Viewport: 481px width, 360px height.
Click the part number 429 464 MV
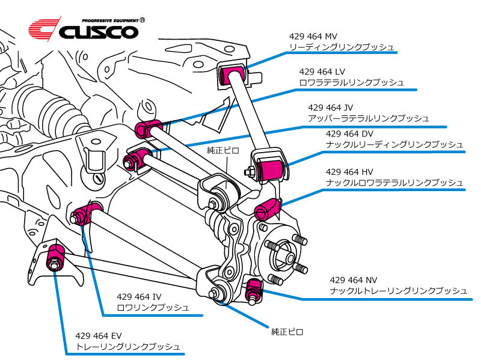(313, 36)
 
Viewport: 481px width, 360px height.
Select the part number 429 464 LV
(323, 72)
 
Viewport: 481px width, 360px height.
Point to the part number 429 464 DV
(349, 134)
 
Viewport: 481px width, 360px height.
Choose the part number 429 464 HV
(349, 171)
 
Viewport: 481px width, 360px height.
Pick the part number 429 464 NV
(354, 280)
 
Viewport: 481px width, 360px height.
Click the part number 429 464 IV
(139, 296)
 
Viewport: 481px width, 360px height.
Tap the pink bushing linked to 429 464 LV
(147, 128)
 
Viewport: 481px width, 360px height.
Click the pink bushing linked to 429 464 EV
(56, 255)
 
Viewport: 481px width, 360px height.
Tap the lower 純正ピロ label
(287, 331)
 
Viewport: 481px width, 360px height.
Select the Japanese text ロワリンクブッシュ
(153, 308)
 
